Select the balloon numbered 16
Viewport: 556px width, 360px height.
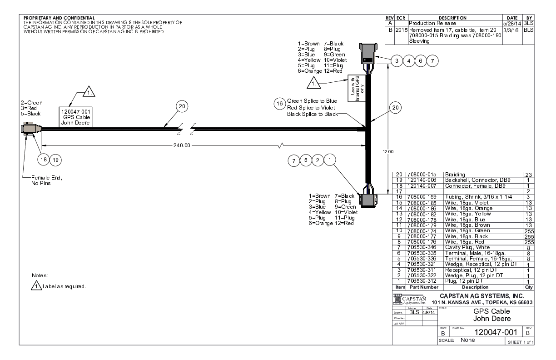tap(279, 104)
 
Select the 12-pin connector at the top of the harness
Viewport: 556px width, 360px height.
tap(367, 54)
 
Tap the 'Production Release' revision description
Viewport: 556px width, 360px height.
tap(431, 22)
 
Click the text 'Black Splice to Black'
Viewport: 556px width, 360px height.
tap(313, 114)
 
